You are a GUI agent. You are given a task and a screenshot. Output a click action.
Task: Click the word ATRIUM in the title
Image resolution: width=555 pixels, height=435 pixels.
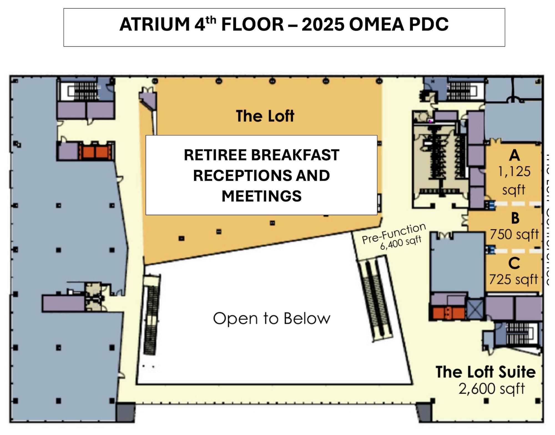[x=155, y=24]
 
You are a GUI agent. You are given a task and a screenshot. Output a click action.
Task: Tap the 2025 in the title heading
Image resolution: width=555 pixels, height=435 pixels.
[x=323, y=24]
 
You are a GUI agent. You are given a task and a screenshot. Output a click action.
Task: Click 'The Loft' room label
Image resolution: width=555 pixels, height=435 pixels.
[x=265, y=116]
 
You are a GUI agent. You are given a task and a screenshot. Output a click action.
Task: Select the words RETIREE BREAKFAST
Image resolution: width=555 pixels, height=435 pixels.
[x=261, y=155]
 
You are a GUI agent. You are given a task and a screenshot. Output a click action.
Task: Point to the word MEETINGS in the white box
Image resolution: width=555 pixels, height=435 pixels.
[x=261, y=196]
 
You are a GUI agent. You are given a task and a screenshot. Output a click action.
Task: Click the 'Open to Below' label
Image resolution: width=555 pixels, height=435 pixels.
[x=272, y=318]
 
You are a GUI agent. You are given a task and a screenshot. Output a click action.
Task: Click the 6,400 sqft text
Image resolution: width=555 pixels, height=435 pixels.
[x=401, y=243]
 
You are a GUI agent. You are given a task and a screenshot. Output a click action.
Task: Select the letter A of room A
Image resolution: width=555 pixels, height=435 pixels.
[x=514, y=155]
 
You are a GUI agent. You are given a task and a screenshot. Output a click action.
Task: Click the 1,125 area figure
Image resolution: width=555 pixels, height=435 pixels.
[x=514, y=172]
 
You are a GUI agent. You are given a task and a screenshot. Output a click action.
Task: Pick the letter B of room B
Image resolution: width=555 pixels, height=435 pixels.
[x=515, y=218]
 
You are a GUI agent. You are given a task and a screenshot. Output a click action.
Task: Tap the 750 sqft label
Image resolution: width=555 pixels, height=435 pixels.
[x=514, y=234]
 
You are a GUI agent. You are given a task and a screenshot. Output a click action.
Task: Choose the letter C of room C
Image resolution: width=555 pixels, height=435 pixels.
[x=514, y=263]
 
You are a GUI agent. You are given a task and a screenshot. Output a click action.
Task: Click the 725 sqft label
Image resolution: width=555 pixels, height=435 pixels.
[x=513, y=279]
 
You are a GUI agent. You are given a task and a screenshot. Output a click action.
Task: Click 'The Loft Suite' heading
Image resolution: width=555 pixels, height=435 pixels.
[x=486, y=372]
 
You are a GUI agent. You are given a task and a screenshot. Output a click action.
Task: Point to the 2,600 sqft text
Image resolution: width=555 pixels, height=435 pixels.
[x=491, y=389]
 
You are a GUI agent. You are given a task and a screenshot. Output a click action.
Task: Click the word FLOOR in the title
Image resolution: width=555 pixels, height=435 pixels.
[x=252, y=24]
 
